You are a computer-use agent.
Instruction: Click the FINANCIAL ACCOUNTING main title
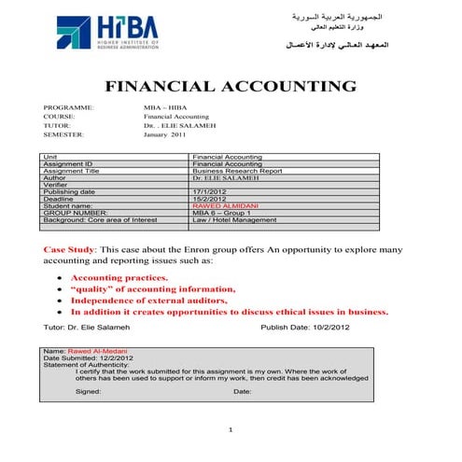[x=231, y=88]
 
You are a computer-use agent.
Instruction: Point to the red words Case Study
[x=69, y=251]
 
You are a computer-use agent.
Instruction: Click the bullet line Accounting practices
[x=119, y=278]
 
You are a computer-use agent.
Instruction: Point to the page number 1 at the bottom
[x=231, y=428]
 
